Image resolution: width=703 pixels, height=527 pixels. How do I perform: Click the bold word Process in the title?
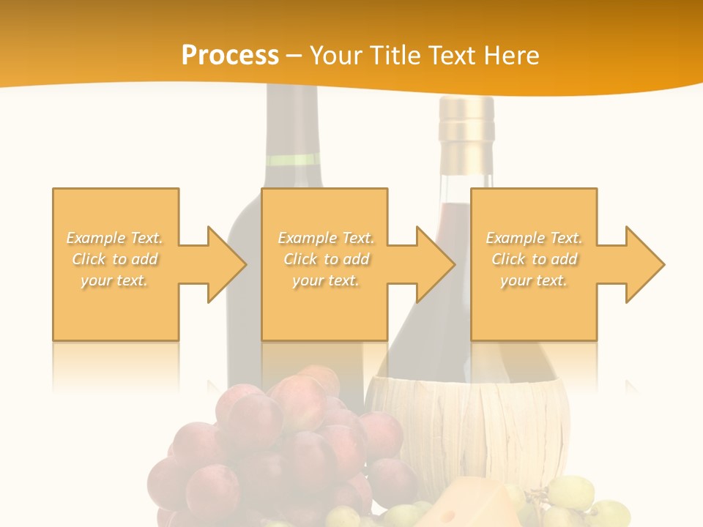230,56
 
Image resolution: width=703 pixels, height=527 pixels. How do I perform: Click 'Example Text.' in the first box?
115,238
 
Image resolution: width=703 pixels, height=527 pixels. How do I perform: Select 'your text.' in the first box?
115,280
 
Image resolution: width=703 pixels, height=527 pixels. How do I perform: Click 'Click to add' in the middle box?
326,259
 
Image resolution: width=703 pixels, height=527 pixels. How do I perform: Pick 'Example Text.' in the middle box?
326,238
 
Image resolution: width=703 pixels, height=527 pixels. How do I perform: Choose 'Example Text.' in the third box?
534,238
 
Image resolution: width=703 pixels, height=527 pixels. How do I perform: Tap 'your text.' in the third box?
534,280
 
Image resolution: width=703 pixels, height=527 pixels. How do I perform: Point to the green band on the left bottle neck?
293,160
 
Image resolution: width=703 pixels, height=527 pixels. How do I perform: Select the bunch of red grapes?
278,446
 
